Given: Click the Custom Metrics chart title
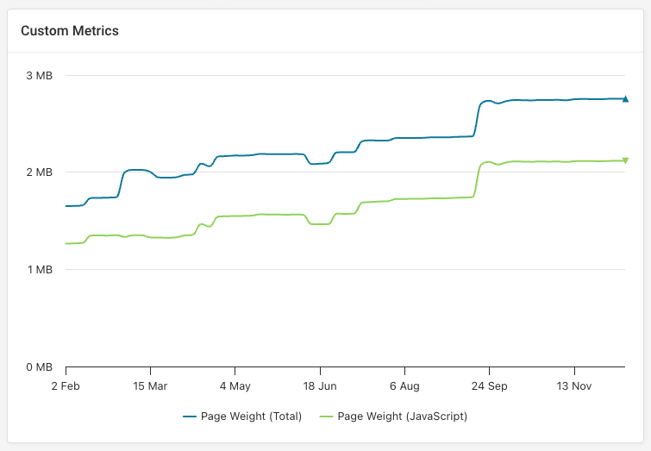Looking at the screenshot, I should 70,31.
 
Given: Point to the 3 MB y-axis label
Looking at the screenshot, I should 39,76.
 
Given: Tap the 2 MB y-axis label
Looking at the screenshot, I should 39,172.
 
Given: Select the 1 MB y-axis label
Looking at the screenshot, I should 39,270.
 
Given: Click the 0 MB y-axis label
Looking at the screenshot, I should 39,367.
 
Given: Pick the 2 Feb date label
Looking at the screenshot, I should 66,385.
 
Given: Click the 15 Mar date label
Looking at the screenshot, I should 150,385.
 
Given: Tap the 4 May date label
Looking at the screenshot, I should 235,385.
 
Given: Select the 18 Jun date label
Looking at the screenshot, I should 320,385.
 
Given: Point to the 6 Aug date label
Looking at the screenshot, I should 404,385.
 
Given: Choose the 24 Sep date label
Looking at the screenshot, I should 489,385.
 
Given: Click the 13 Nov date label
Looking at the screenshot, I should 573,385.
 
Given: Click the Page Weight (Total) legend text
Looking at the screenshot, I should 251,417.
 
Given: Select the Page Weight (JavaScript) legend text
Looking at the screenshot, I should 402,417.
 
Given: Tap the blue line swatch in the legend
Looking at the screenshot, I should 191,417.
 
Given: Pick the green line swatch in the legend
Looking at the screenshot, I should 327,417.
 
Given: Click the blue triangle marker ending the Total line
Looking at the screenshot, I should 625,99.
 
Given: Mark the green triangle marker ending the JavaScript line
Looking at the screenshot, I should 625,160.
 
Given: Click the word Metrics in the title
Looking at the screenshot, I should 96,31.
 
